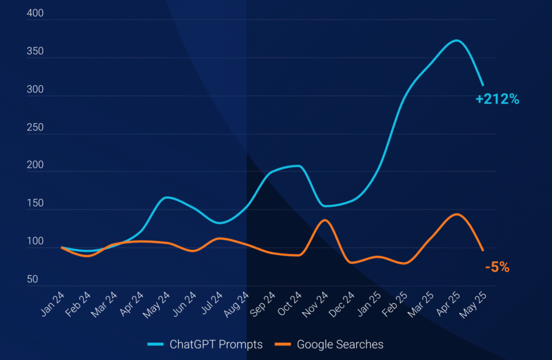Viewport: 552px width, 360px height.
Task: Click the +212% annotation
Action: [497, 99]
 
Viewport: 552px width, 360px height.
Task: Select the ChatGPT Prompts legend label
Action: [216, 344]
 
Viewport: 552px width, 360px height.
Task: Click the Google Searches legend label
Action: [340, 344]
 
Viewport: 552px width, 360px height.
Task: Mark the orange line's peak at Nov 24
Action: [324, 220]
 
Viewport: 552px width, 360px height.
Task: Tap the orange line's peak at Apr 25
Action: [457, 214]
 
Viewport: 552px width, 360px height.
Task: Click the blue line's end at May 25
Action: [483, 85]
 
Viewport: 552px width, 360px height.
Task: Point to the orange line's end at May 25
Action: [483, 250]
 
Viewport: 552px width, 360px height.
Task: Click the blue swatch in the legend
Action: [155, 344]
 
